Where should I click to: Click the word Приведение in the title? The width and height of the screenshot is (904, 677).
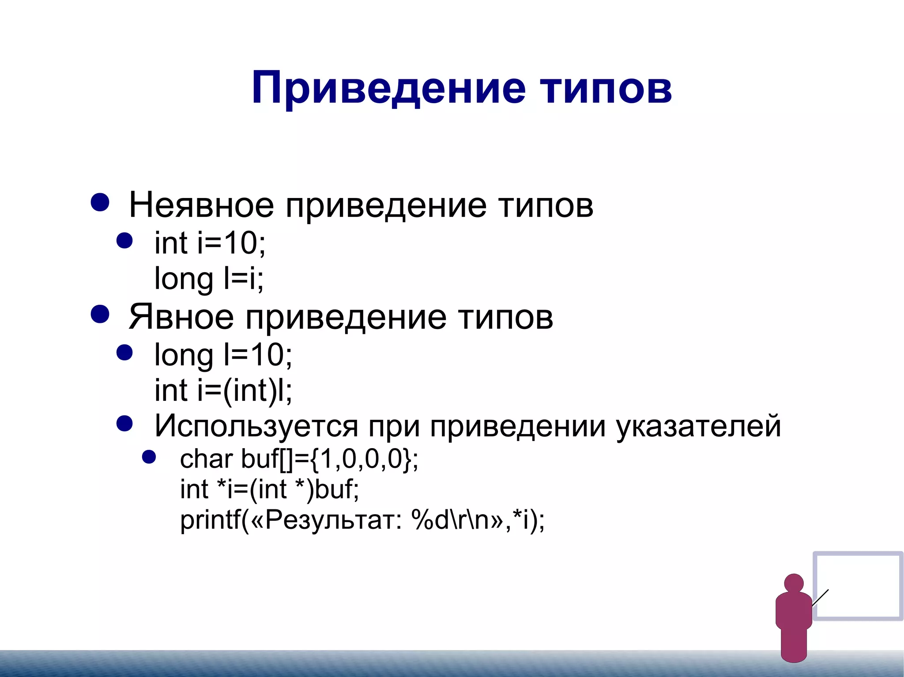point(388,88)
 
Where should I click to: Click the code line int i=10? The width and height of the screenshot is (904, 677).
point(210,243)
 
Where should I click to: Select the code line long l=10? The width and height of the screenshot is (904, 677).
point(223,355)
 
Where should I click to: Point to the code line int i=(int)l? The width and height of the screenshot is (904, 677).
point(223,390)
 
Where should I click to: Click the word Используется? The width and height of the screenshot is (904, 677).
point(256,426)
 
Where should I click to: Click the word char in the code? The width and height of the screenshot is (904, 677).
point(206,459)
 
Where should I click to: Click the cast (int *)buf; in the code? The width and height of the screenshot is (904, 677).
point(305,489)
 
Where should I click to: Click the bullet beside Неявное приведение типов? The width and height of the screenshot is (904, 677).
point(100,202)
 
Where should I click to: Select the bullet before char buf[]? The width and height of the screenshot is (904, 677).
point(149,457)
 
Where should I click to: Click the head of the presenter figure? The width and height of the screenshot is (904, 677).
point(794,583)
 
